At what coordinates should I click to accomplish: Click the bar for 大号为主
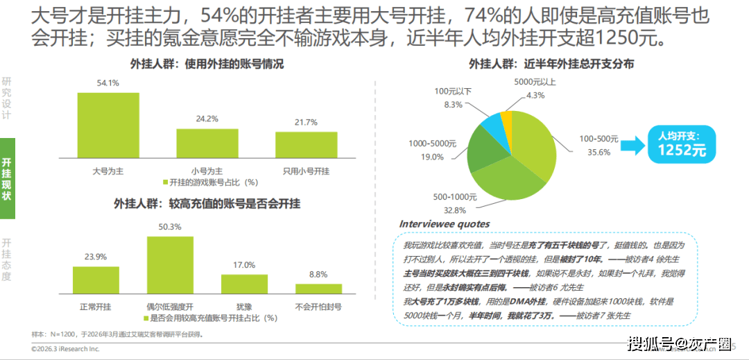tap(108, 126)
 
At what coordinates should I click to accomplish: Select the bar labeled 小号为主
tap(207, 144)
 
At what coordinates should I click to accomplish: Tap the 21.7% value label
tap(305, 122)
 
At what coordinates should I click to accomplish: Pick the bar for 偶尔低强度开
tap(170, 266)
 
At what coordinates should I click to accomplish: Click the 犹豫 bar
tap(244, 285)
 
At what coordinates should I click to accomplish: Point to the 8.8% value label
tap(318, 274)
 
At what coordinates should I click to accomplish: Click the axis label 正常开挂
tap(96, 305)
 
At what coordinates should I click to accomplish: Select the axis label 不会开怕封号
tap(318, 305)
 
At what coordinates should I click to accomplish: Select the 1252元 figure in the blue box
tap(682, 150)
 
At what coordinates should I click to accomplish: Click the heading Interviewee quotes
tap(445, 224)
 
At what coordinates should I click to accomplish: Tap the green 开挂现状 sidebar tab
tap(7, 179)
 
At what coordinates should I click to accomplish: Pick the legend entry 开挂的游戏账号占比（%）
tap(211, 182)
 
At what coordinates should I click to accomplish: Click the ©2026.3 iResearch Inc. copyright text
tap(65, 349)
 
